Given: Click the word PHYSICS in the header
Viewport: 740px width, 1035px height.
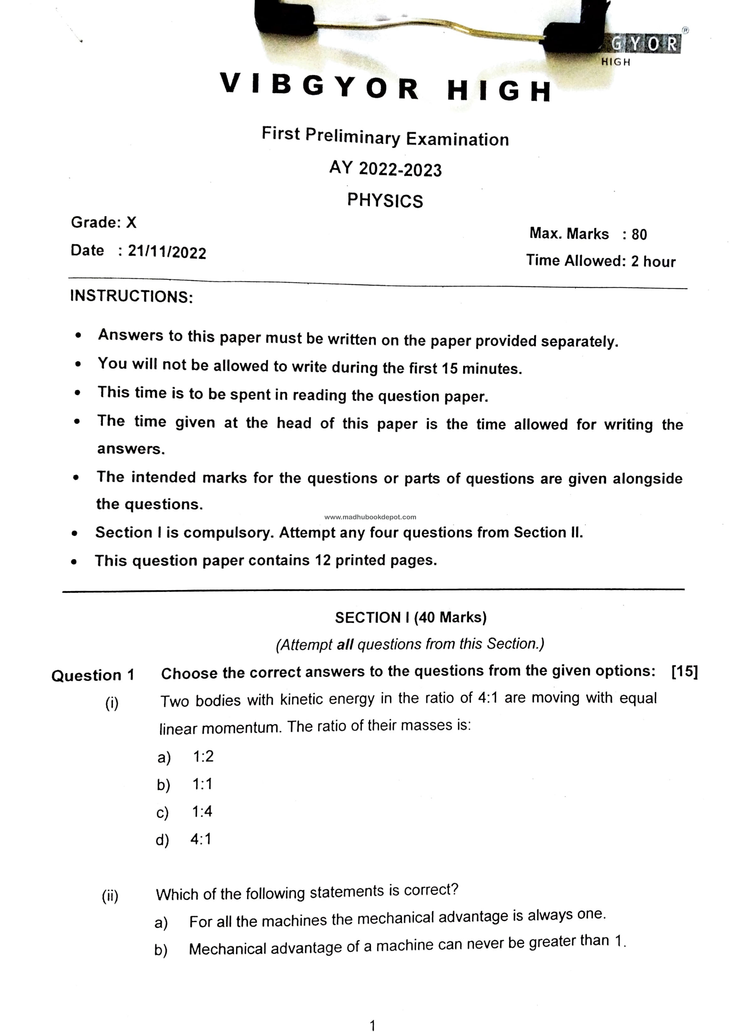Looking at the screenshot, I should pyautogui.click(x=385, y=200).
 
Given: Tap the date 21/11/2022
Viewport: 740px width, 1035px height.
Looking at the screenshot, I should pyautogui.click(x=167, y=252).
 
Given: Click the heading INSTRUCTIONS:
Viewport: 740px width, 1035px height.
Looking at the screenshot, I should pyautogui.click(x=132, y=296).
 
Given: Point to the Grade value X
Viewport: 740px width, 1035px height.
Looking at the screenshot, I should pyautogui.click(x=131, y=222).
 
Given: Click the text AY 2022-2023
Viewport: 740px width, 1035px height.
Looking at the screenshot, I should pyautogui.click(x=385, y=169).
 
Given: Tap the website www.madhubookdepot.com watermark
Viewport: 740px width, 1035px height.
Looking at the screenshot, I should pyautogui.click(x=370, y=517).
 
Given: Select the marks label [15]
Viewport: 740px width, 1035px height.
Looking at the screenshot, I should pyautogui.click(x=684, y=671).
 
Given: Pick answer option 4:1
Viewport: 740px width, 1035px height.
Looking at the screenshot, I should pyautogui.click(x=201, y=839).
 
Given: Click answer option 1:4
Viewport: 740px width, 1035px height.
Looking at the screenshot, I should pyautogui.click(x=202, y=812).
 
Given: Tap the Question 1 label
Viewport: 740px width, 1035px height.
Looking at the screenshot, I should pyautogui.click(x=92, y=675).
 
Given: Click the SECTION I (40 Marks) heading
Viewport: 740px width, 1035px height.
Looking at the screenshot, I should pyautogui.click(x=410, y=618).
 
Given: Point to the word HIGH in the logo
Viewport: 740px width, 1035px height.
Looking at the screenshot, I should pyautogui.click(x=616, y=62).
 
